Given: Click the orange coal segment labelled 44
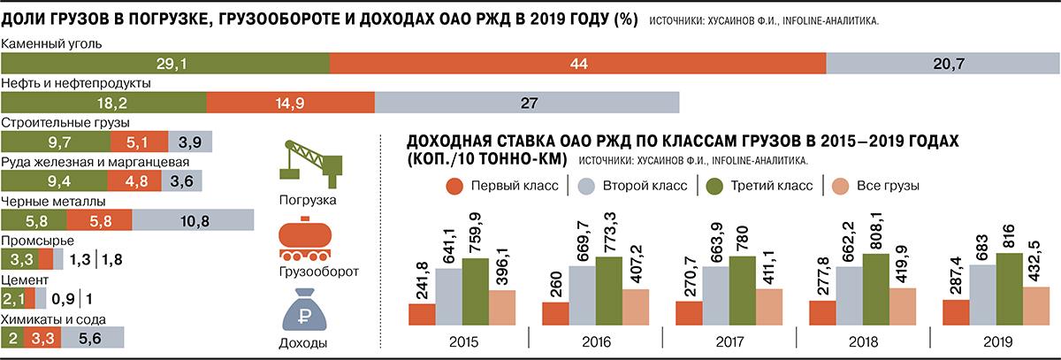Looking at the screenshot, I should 578,63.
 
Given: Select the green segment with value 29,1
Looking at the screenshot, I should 165,63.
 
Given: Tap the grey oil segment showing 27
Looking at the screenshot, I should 527,103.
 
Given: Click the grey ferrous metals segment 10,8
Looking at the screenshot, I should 193,219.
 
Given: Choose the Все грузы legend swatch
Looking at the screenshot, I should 836,186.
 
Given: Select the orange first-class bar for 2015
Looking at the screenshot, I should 422,314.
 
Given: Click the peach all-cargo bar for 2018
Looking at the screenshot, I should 902,307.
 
